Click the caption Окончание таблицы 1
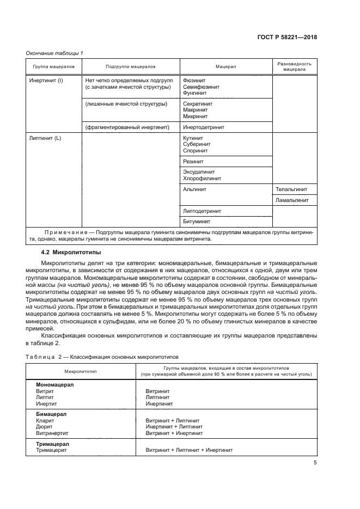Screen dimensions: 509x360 54,53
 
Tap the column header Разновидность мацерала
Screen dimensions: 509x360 295,66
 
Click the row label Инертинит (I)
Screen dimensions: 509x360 46,80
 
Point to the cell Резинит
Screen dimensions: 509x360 193,162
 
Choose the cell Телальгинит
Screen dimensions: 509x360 292,189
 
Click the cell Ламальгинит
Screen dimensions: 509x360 293,200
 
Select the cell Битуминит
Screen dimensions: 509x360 197,222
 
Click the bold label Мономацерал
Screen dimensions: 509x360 54,384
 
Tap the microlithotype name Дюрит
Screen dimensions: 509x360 44,427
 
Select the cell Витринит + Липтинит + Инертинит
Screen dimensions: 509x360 189,450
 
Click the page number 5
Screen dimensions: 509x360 315,463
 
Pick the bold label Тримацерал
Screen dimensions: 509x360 52,444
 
